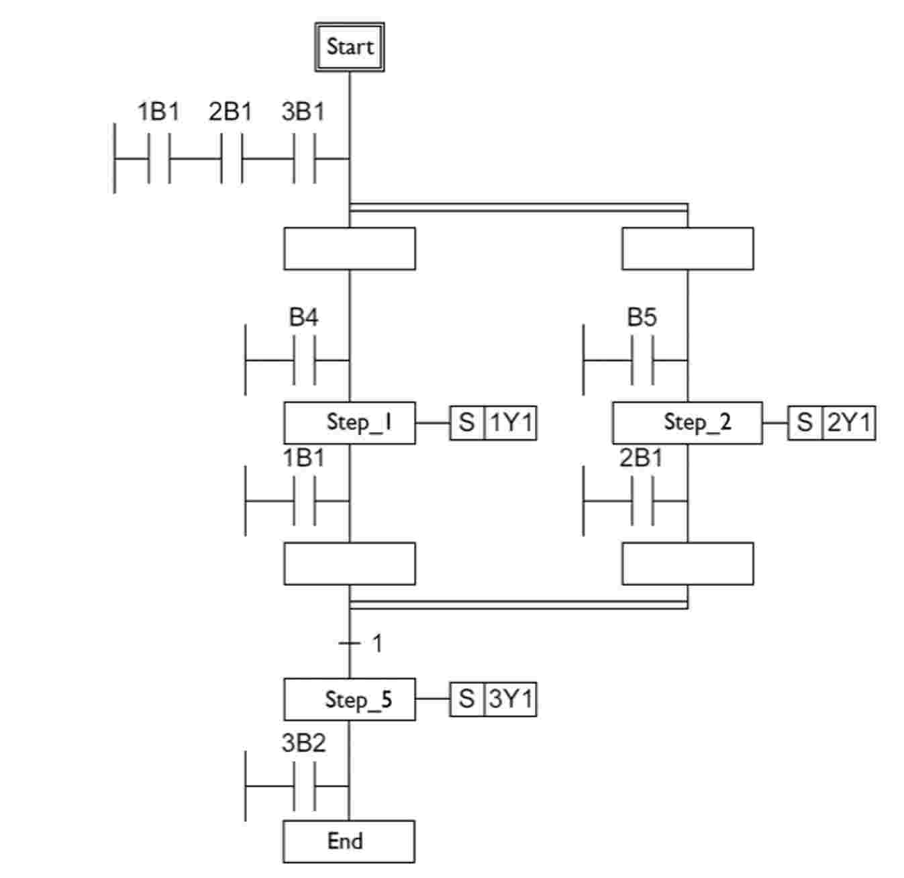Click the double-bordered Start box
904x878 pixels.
click(350, 47)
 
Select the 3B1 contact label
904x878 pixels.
click(303, 111)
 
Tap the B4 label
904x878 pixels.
click(303, 317)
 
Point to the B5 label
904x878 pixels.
click(642, 317)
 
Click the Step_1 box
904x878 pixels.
click(350, 423)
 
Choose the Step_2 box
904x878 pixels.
click(687, 423)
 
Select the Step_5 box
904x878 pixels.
click(350, 699)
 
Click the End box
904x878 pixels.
click(349, 841)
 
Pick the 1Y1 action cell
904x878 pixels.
click(511, 424)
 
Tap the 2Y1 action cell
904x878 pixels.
click(849, 424)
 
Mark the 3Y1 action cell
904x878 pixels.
click(511, 699)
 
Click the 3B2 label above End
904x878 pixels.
click(303, 743)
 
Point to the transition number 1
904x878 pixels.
click(377, 643)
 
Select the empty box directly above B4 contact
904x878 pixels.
click(350, 249)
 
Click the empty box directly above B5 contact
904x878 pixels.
click(687, 249)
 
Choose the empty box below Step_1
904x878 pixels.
click(350, 564)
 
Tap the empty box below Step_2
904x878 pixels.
click(687, 564)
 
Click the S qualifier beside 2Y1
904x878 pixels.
click(805, 424)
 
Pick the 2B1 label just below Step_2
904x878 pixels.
click(641, 458)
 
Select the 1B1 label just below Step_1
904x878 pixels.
click(303, 458)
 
